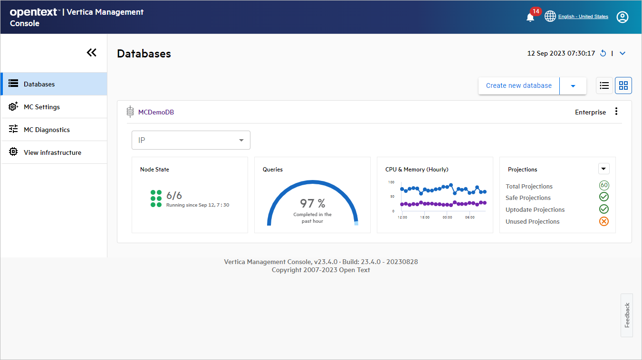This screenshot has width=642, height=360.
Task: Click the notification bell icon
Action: pos(530,17)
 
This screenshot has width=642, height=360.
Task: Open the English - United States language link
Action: pos(583,17)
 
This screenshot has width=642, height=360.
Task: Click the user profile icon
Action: pos(622,17)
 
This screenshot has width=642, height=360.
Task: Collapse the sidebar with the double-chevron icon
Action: pos(92,53)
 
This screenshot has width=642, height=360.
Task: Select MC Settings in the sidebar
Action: pos(42,107)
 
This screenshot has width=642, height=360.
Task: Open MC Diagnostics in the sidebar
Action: pos(47,130)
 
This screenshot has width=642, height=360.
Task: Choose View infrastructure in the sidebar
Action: pos(52,152)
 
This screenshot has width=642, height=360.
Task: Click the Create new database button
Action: pos(518,85)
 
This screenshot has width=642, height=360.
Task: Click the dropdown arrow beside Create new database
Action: pos(573,86)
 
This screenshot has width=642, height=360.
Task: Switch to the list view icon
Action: pos(604,85)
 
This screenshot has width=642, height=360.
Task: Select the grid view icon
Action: pos(623,85)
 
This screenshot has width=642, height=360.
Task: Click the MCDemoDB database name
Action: pos(156,113)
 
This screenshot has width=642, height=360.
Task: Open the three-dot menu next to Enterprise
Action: pos(616,112)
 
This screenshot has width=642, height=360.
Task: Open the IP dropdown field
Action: pos(191,140)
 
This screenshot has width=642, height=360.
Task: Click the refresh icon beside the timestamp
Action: pos(603,53)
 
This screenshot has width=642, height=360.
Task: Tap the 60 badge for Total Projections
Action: pos(604,185)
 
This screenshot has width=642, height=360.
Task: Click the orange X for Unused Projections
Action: pos(604,221)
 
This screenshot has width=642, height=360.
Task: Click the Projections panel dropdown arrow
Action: pos(604,169)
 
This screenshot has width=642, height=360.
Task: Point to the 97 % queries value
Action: pos(312,204)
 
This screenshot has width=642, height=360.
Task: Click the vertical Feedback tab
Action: pos(626,315)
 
